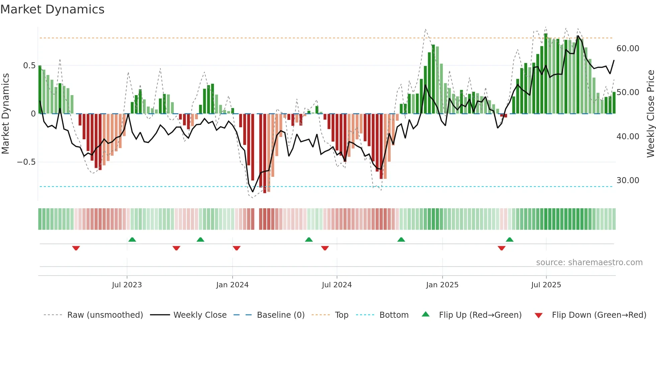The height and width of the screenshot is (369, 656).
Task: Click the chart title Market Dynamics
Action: click(52, 9)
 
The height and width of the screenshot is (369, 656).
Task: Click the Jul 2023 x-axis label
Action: click(127, 285)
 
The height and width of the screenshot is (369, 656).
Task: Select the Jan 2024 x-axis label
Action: click(232, 285)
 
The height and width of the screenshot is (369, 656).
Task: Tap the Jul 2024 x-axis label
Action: click(337, 285)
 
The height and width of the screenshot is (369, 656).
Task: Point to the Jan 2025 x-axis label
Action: click(442, 285)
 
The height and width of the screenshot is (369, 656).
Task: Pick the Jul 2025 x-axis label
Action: click(546, 285)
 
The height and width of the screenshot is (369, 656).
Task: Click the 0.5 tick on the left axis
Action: click(29, 66)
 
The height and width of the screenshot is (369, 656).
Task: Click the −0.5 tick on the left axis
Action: click(26, 162)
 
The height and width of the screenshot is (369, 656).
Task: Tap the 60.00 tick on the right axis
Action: click(628, 49)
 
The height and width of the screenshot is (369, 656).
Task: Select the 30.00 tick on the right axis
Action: click(628, 180)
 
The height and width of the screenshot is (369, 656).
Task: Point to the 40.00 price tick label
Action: click(628, 137)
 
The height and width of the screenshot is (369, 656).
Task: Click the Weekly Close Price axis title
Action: click(650, 114)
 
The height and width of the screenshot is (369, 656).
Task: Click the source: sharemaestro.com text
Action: click(589, 263)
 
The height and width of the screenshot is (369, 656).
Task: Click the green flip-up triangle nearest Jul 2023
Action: click(132, 240)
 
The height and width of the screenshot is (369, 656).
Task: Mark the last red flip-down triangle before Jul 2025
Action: click(501, 248)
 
